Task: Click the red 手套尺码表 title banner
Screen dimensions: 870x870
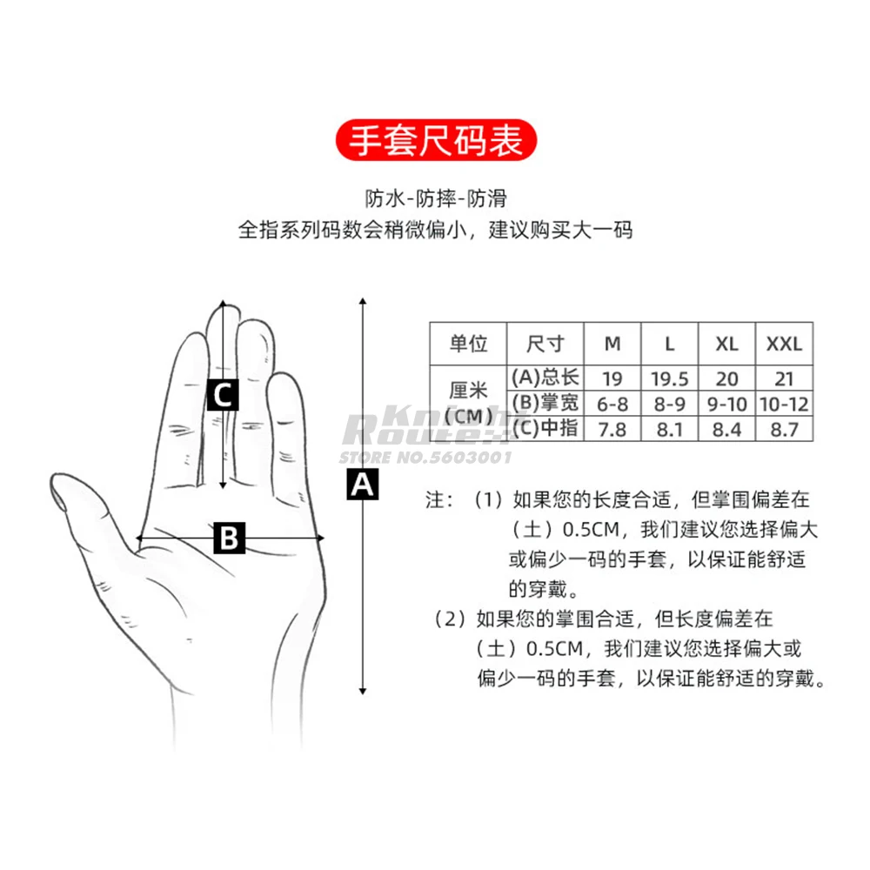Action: click(436, 140)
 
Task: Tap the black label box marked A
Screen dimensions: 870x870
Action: click(363, 484)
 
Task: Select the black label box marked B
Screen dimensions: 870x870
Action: click(229, 539)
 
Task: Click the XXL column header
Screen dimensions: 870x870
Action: click(784, 344)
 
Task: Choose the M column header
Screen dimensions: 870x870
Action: click(612, 344)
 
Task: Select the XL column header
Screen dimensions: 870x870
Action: click(727, 344)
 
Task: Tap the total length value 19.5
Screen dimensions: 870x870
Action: click(669, 378)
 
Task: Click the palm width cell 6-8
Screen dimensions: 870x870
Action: click(612, 404)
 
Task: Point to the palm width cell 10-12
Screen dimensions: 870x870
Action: click(784, 404)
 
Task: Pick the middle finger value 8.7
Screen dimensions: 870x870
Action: click(784, 429)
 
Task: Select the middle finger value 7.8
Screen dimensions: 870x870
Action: click(612, 429)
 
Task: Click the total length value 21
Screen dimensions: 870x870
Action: click(784, 378)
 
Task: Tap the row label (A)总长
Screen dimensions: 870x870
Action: click(545, 378)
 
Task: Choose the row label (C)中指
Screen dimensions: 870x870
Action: click(545, 428)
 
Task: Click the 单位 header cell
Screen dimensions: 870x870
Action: click(468, 344)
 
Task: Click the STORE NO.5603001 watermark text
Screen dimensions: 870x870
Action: click(425, 457)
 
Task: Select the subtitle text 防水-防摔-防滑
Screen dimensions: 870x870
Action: click(436, 198)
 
